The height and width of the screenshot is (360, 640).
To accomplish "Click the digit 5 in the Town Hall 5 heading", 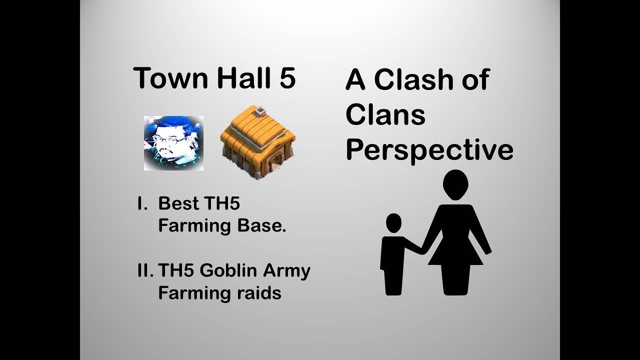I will [287, 78].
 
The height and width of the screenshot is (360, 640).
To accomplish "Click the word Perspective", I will [429, 149].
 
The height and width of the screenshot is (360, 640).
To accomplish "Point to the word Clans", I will [385, 115].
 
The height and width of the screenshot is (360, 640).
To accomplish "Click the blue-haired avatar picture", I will [173, 143].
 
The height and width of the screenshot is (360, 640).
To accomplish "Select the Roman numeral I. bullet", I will [143, 204].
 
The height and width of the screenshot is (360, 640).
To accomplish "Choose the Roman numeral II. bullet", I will [145, 271].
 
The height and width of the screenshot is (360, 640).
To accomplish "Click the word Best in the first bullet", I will [177, 204].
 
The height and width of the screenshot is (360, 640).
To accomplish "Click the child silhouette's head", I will [394, 223].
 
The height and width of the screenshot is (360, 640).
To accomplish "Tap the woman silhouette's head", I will [455, 184].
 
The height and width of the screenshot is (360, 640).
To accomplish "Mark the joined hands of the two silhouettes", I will [422, 250].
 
